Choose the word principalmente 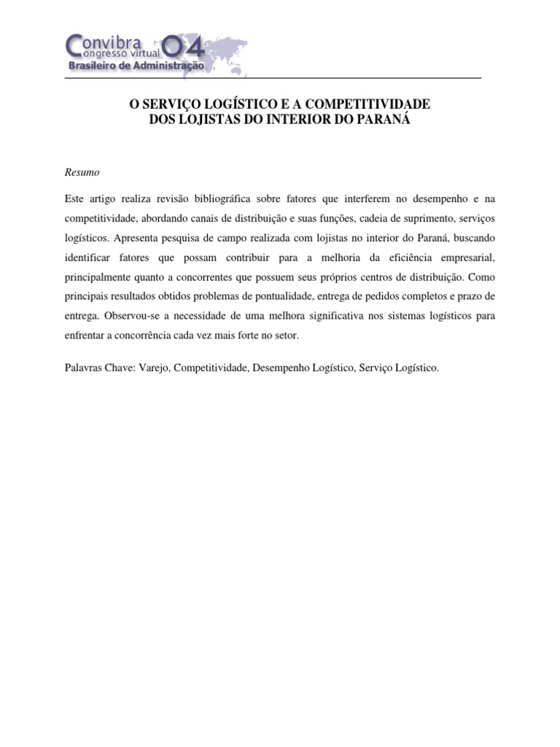point(99,277)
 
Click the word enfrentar point(85,336)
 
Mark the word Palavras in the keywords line point(85,368)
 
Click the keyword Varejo point(153,368)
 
